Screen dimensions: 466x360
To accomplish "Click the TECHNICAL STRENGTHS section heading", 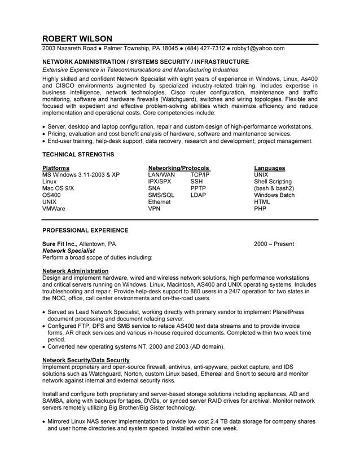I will click(x=77, y=153).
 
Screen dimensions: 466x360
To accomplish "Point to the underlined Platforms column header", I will click(x=56, y=168).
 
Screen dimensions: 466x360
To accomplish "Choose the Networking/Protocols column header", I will click(x=178, y=168).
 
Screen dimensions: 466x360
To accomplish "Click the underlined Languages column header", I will click(x=269, y=168).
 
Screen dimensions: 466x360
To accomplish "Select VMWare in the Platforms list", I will click(x=54, y=208).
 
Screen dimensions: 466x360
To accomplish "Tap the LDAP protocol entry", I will click(x=198, y=195).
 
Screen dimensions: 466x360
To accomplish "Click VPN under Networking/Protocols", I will click(x=154, y=208).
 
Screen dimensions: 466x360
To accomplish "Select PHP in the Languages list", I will click(x=260, y=208).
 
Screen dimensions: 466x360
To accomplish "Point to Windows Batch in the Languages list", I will click(x=274, y=195).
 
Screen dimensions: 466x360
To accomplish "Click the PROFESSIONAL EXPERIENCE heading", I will click(x=85, y=230).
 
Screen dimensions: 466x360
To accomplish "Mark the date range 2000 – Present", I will click(x=274, y=244).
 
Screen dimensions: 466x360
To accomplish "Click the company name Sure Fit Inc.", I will click(x=59, y=244).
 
